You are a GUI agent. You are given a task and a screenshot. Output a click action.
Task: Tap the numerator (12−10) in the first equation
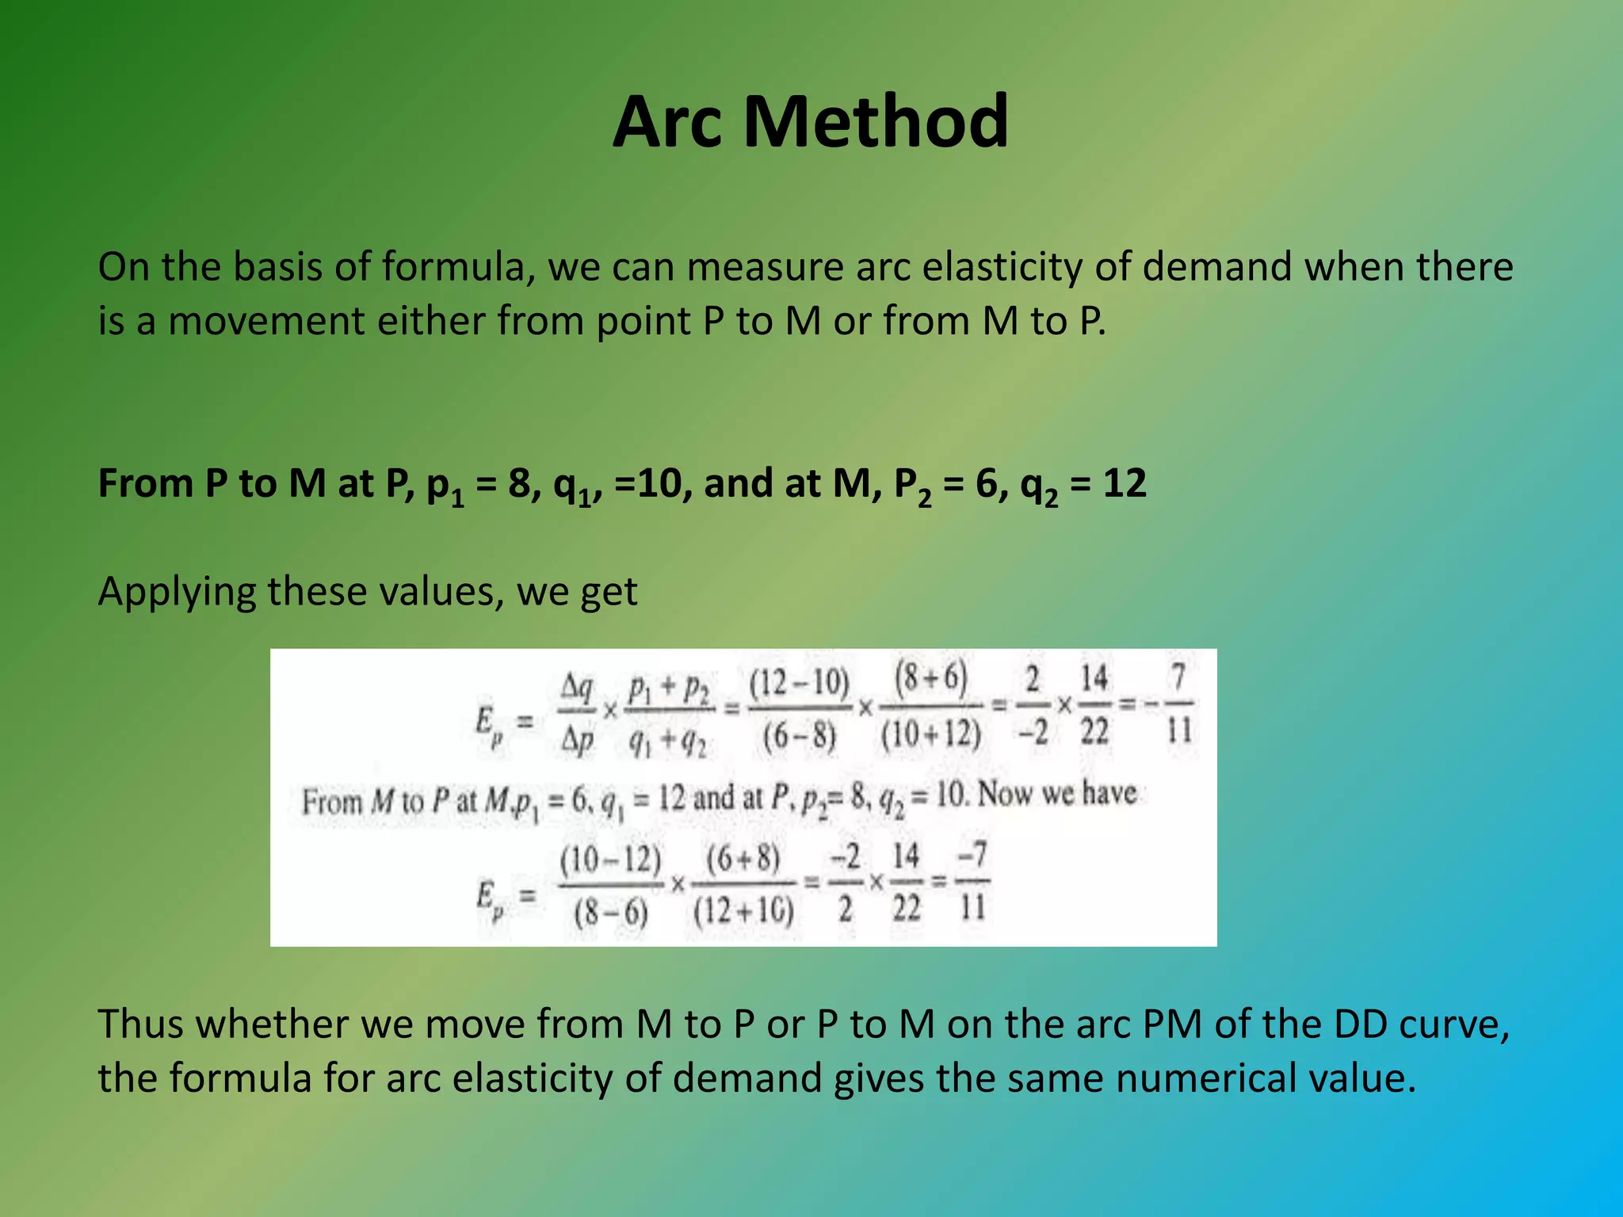[x=799, y=682]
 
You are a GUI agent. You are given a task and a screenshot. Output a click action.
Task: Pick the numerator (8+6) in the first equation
[x=931, y=679]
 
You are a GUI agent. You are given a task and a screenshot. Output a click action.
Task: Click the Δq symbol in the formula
[x=576, y=687]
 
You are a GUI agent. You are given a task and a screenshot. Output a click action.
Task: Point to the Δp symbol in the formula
[x=577, y=739]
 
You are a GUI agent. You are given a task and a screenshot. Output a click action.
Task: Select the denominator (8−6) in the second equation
[x=611, y=913]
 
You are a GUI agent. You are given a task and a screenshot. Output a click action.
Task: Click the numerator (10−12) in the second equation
[x=610, y=859]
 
